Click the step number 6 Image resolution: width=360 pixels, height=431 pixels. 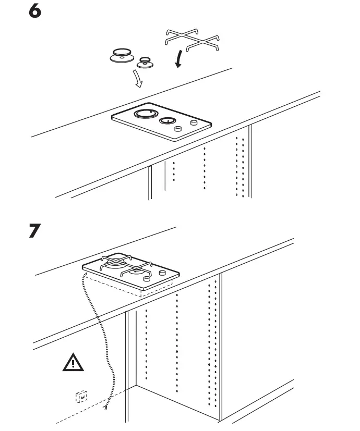34,12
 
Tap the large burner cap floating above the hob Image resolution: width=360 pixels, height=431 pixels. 123,55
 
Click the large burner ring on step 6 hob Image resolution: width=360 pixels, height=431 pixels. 143,114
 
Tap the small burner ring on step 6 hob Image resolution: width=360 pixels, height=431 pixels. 166,121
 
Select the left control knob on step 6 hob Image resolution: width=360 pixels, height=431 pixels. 178,129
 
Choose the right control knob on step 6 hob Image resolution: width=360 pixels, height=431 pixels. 194,123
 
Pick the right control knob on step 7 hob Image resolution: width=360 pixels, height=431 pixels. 163,273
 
